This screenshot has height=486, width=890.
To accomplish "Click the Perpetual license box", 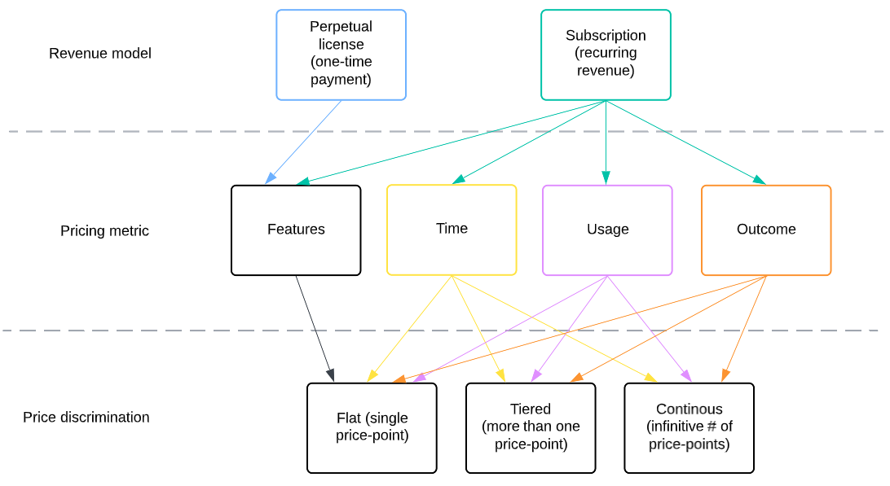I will click(341, 55).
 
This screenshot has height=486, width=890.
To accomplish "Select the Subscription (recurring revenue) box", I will click(606, 55).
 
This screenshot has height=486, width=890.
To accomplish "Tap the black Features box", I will click(296, 230).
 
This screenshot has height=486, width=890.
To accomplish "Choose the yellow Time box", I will click(452, 230).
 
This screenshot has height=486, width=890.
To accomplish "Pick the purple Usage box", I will click(607, 230).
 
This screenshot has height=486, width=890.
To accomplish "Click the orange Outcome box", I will click(766, 230).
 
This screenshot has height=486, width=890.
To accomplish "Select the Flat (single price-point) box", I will click(372, 427).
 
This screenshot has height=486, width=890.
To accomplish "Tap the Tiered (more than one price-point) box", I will click(531, 427).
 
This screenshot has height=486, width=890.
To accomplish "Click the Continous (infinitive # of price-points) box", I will click(689, 427).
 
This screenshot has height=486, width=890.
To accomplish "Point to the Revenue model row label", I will click(100, 54).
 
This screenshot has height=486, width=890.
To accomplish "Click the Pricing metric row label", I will click(104, 231).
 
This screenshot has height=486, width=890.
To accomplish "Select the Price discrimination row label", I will click(86, 418).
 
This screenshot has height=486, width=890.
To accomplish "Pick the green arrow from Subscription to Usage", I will click(606, 138).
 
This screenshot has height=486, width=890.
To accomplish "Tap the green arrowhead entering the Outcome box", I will click(759, 180).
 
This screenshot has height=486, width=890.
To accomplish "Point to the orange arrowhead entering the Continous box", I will click(725, 375).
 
